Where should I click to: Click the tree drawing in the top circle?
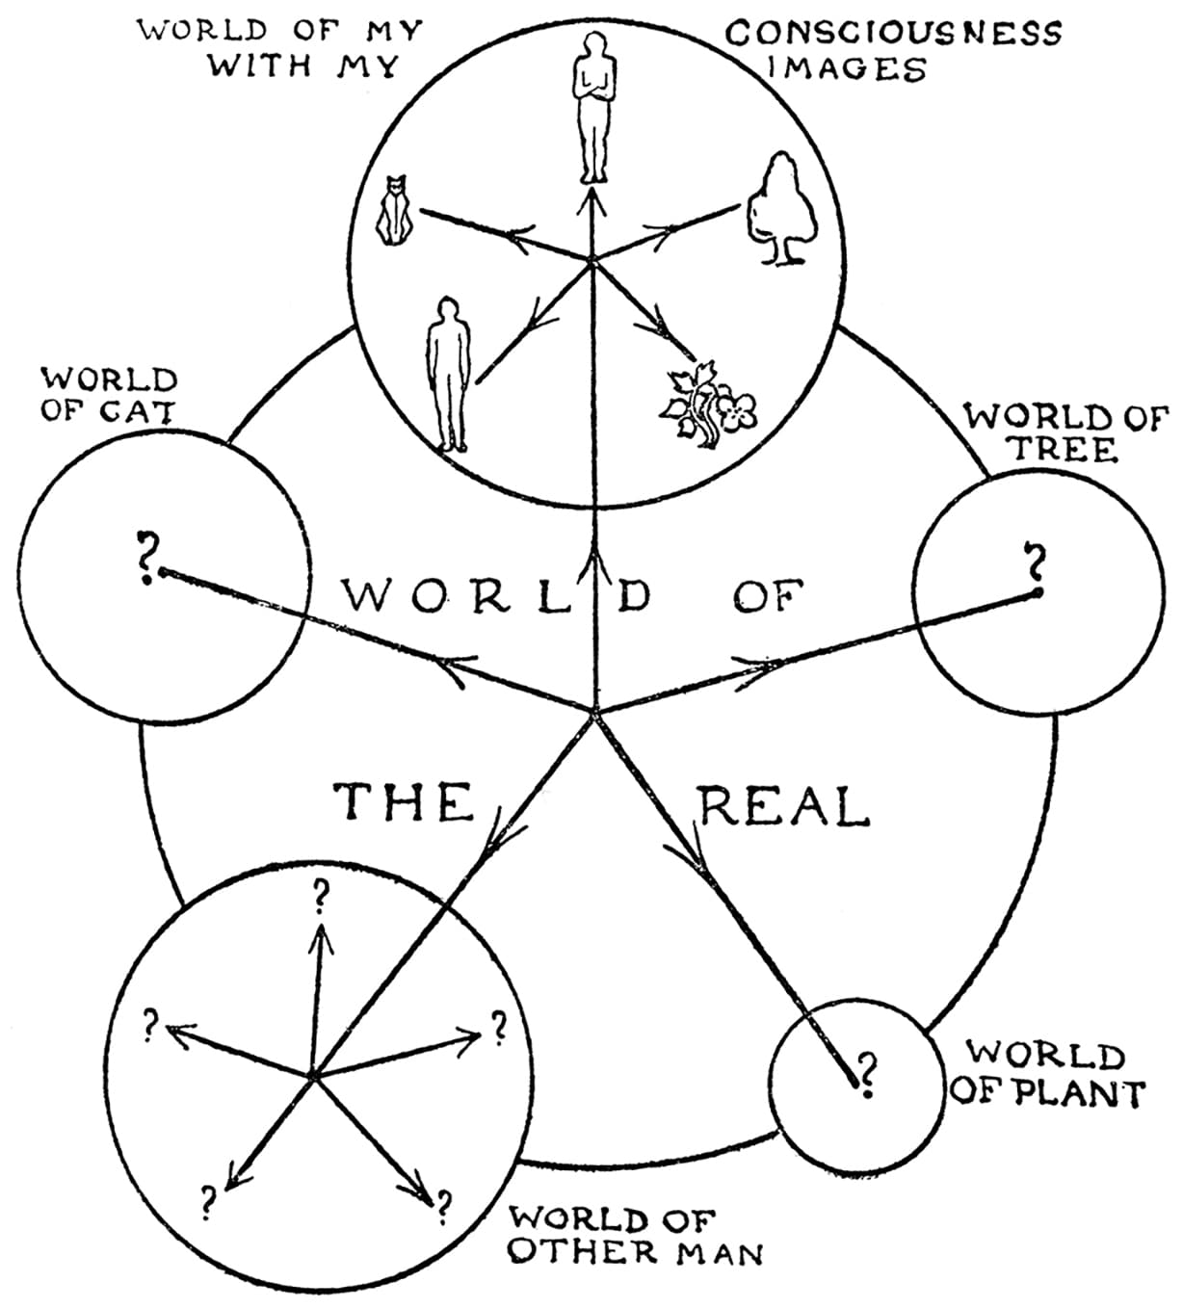[x=782, y=210]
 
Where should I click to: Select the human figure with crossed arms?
[x=593, y=106]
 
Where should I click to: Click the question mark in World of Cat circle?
[x=145, y=557]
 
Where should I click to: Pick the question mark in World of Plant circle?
[x=866, y=1073]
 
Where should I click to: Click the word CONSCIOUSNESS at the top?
[x=893, y=33]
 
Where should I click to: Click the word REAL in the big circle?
[x=783, y=807]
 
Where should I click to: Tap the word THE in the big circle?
[x=406, y=802]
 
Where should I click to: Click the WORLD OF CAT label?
[x=108, y=394]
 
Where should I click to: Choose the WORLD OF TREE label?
[x=1065, y=433]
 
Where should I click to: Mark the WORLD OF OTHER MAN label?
[x=636, y=1236]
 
